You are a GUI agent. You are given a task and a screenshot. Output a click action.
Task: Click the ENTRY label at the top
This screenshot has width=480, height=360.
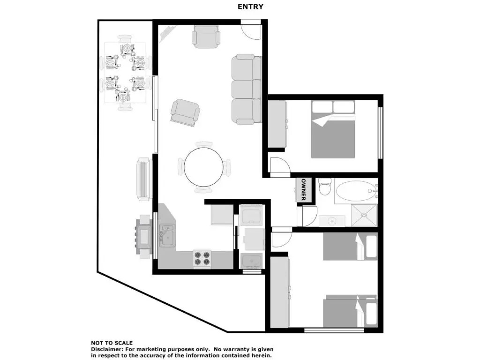click(x=250, y=7)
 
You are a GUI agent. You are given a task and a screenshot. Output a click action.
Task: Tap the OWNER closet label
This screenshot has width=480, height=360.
click(x=304, y=190)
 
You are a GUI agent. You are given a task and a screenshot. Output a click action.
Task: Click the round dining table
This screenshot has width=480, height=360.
click(x=203, y=167)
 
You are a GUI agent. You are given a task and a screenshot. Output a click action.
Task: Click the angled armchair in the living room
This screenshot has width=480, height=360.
click(x=185, y=112)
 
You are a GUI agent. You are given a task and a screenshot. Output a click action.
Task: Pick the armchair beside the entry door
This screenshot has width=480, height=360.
click(x=206, y=37)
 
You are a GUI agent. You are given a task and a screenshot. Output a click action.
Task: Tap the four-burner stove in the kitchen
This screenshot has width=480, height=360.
click(x=202, y=259)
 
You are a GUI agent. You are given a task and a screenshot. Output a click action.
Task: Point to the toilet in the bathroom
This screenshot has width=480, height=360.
click(x=325, y=187)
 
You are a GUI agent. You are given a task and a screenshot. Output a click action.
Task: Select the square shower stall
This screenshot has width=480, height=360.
click(x=364, y=215)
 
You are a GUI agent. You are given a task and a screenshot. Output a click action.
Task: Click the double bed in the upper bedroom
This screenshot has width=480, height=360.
click(x=333, y=129)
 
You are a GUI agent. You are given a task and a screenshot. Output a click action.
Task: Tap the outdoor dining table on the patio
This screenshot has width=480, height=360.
click(x=125, y=73)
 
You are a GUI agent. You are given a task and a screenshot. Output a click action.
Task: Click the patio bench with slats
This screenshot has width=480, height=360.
click(x=144, y=179)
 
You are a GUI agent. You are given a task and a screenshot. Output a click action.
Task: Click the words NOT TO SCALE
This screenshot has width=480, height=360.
click(x=112, y=343)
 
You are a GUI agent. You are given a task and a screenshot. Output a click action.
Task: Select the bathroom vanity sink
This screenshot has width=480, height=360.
click(x=332, y=221)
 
